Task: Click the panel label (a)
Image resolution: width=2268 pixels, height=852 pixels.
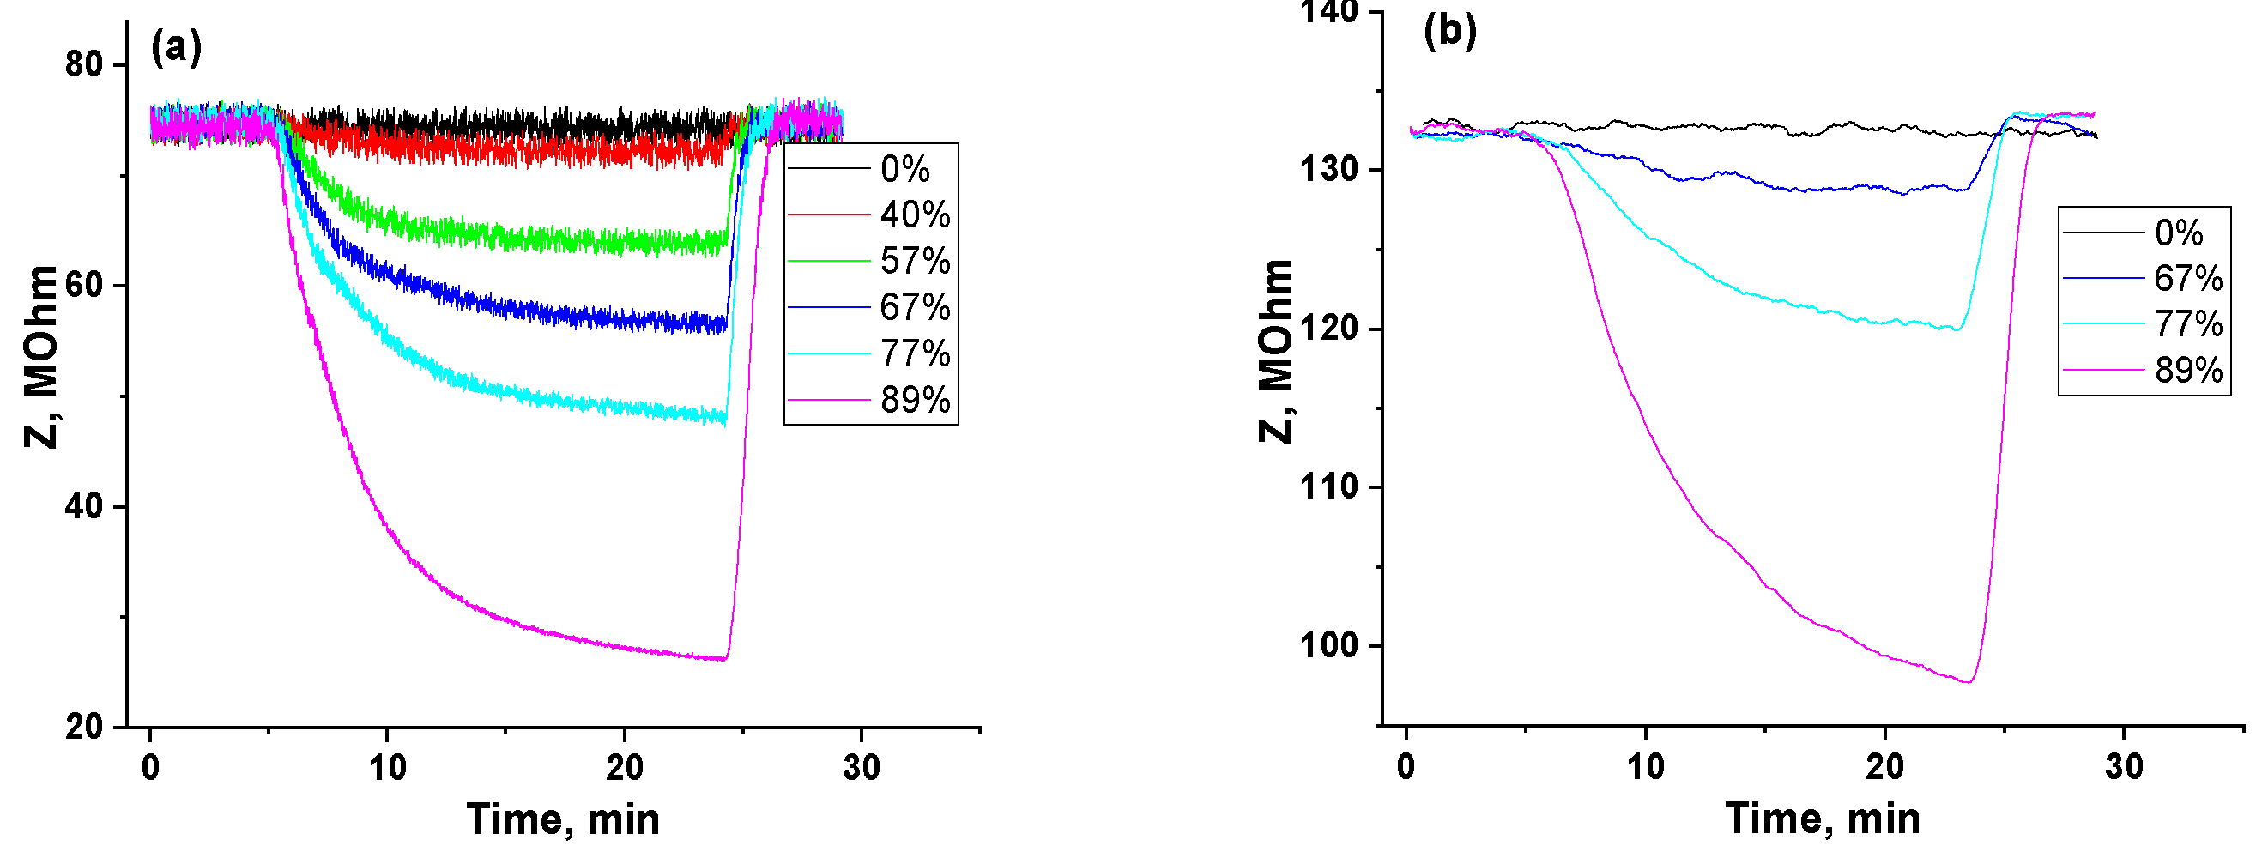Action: [176, 46]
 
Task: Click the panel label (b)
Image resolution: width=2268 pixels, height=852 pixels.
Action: [1449, 31]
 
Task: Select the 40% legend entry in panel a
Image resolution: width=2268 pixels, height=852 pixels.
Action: [915, 215]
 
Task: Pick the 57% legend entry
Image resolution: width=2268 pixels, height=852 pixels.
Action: [915, 262]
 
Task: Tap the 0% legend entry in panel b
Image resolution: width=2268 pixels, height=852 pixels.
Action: [2178, 233]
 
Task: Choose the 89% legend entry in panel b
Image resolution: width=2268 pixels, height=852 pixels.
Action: [2188, 371]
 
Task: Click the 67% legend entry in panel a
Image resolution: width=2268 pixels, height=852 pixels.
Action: [915, 308]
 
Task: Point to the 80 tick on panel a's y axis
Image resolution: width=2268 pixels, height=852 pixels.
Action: [83, 64]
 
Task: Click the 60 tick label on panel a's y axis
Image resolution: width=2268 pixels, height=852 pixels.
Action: [83, 286]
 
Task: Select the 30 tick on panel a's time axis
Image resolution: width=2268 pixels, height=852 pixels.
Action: [860, 769]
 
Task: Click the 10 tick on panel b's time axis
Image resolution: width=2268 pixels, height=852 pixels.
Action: [1646, 768]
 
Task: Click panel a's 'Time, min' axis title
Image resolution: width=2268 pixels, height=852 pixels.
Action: [563, 819]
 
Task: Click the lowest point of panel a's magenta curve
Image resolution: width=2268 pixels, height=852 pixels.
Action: [723, 658]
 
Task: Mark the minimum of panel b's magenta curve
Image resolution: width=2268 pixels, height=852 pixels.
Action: [1969, 682]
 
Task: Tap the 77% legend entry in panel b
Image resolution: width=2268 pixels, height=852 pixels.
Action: [2188, 325]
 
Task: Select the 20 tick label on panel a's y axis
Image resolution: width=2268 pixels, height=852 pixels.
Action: [83, 727]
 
